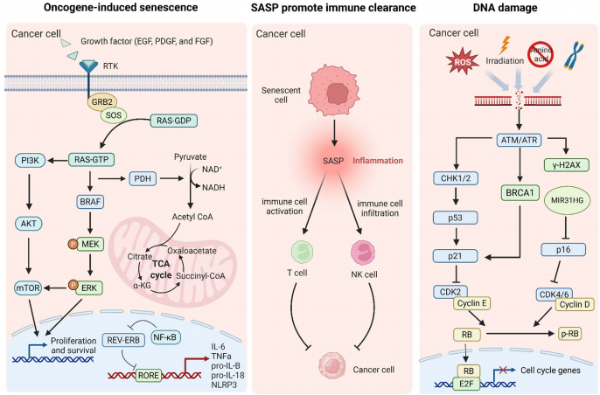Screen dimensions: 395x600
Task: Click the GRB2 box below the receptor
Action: point(103,101)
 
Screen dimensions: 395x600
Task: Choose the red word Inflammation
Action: point(377,160)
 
